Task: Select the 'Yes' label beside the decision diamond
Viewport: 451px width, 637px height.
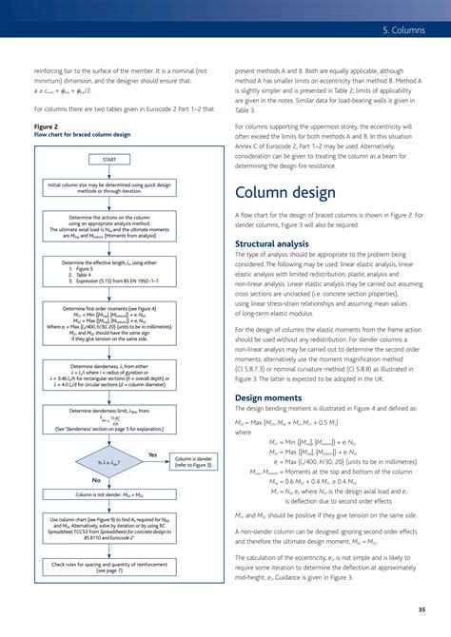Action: (x=152, y=454)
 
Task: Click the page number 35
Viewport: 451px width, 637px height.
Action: (x=421, y=608)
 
